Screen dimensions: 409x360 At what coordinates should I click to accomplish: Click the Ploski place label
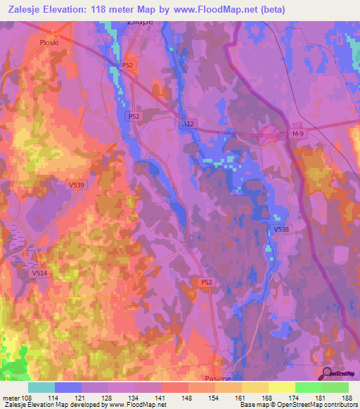48,41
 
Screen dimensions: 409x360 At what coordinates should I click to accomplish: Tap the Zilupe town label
140,22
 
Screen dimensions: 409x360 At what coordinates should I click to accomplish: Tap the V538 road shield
281,229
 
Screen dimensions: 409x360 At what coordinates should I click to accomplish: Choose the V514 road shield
40,273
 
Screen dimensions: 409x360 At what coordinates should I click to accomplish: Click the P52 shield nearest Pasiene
206,282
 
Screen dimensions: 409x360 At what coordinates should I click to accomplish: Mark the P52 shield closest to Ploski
127,65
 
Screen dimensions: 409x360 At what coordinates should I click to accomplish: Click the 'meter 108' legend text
15,397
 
